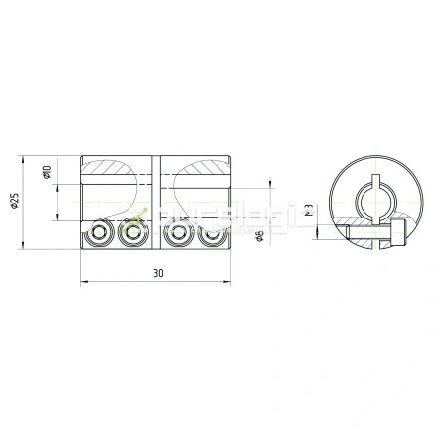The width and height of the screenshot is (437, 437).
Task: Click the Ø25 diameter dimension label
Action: tap(14, 203)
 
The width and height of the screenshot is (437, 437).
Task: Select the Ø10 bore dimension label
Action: tap(47, 172)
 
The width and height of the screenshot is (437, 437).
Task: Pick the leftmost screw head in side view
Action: tap(99, 237)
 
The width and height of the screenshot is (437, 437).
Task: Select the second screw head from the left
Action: tap(130, 237)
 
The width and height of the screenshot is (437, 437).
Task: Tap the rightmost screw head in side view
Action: tap(210, 237)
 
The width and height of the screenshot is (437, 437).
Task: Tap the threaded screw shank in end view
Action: tap(363, 235)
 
